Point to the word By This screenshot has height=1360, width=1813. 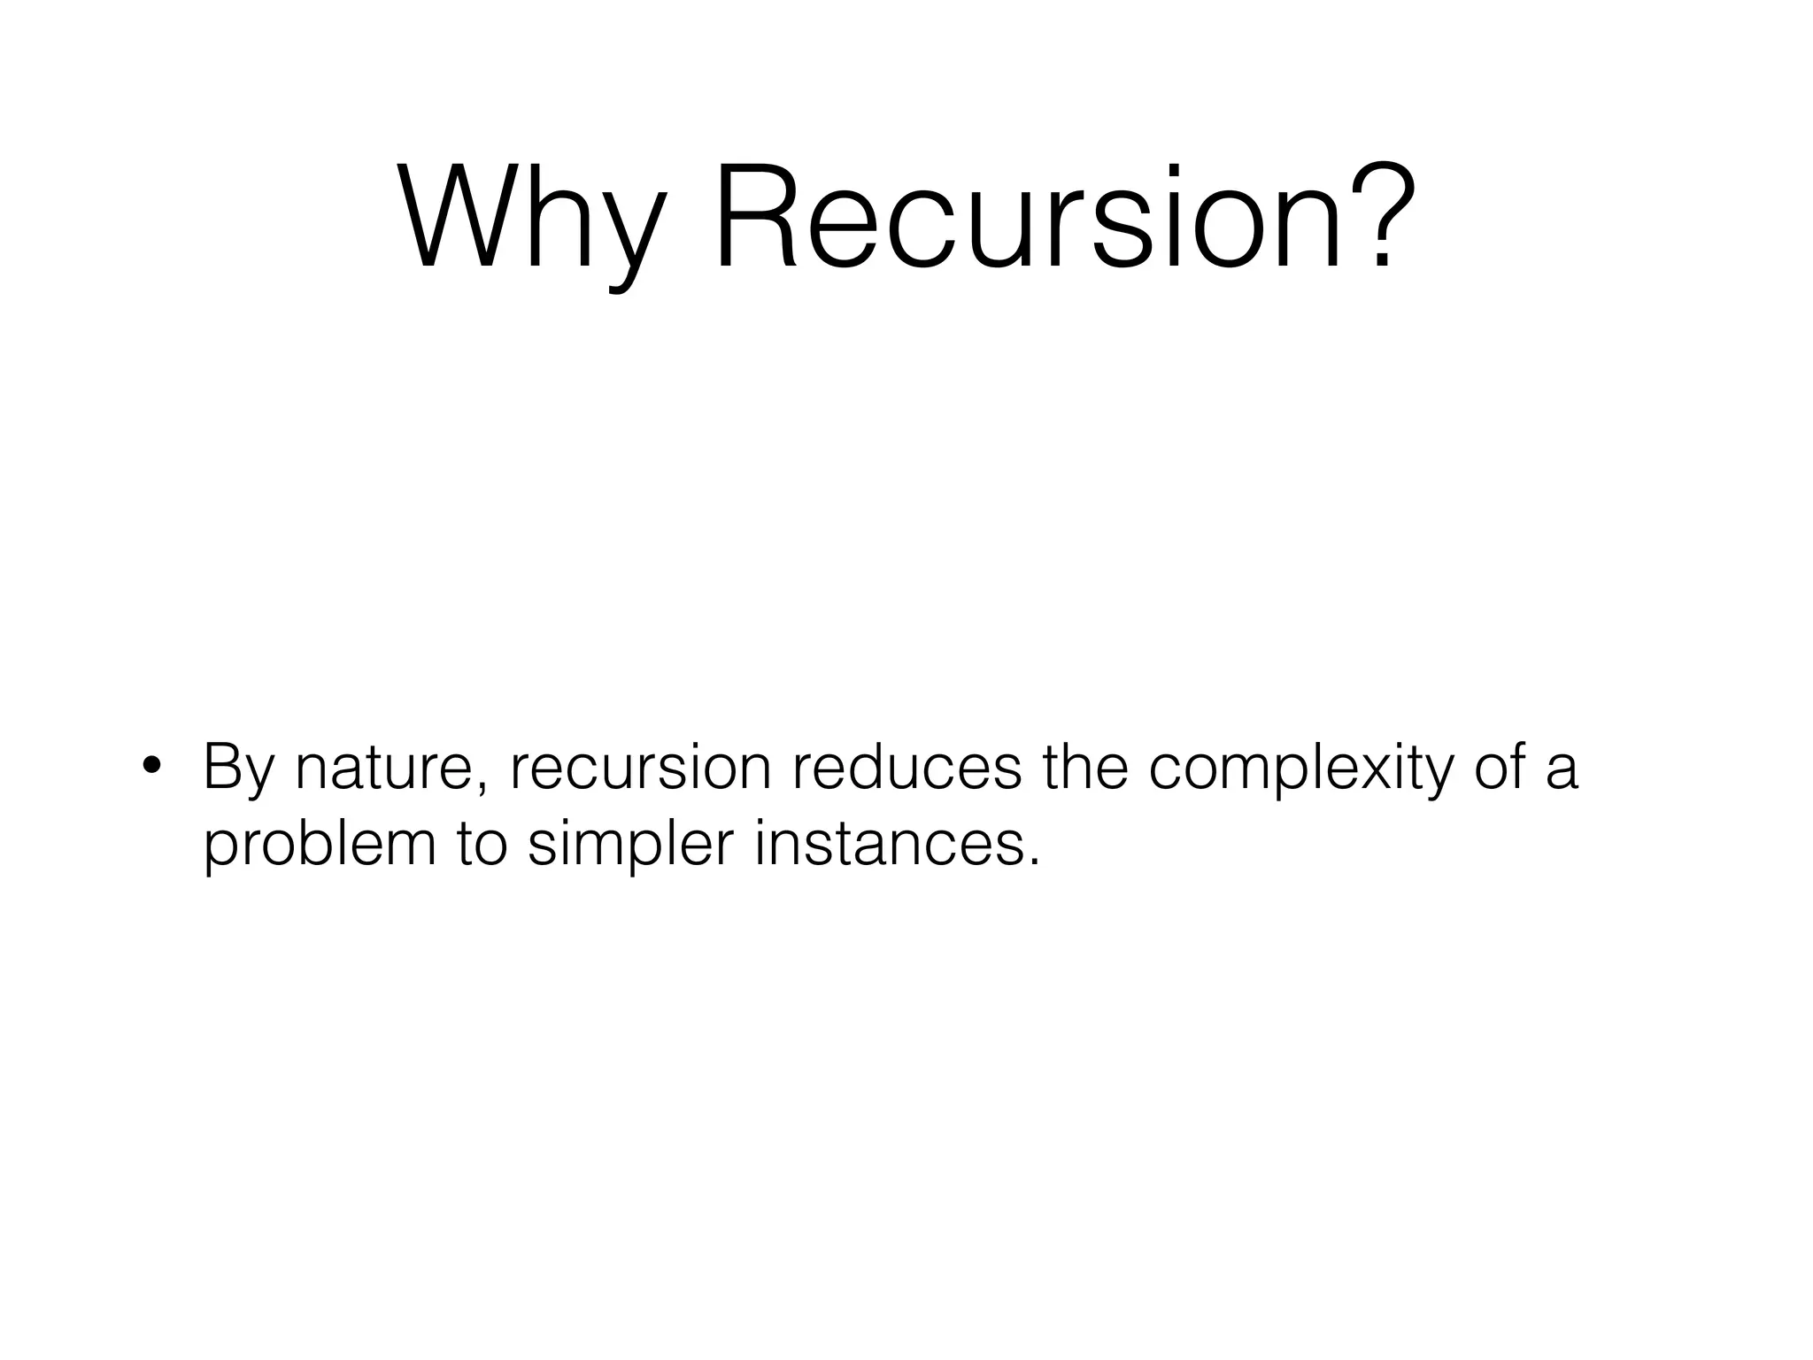239,769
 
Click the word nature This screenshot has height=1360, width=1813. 388,769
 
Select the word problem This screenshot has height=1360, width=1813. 320,846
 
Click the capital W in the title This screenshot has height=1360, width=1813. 459,217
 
